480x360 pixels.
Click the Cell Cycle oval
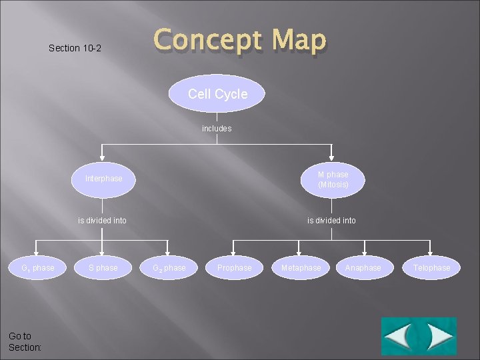pos(217,94)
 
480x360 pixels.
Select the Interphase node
pos(103,179)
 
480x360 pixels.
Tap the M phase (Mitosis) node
pos(333,179)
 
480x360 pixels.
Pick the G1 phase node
pos(37,268)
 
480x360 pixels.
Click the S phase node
pos(103,268)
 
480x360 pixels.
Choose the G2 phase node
pos(169,268)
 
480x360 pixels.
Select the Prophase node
pos(234,268)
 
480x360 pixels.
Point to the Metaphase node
pos(301,268)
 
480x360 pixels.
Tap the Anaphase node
pos(363,268)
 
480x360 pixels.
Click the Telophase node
pos(431,268)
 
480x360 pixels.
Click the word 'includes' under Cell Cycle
pos(217,128)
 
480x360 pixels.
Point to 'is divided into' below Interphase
pos(102,220)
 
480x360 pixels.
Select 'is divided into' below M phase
pos(331,220)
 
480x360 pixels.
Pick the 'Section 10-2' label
pos(75,48)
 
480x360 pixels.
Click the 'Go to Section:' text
pos(25,342)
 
